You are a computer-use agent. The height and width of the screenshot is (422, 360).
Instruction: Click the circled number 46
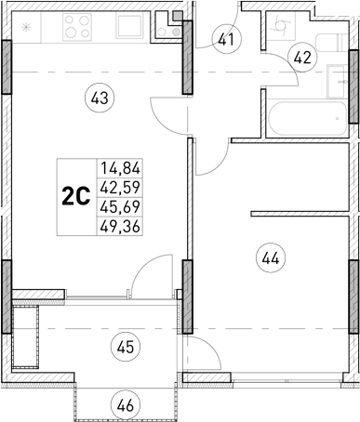point(123,403)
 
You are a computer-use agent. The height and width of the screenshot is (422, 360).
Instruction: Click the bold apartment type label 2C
point(75,196)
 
